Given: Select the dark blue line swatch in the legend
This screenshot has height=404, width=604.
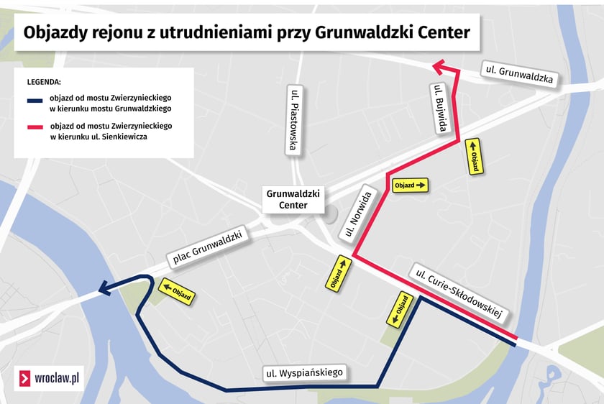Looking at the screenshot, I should coord(36,100).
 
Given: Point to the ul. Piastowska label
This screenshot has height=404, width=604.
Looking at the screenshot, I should coord(293,120).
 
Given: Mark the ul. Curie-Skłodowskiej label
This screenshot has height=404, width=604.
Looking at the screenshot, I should coord(457,293).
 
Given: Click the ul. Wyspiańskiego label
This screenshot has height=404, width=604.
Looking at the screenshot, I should coord(304,372).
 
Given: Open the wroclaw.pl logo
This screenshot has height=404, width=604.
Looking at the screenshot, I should coord(49,377).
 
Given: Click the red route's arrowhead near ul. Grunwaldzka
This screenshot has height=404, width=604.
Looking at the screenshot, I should coord(438,67).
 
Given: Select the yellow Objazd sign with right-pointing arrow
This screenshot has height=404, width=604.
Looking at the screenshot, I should coord(410,185).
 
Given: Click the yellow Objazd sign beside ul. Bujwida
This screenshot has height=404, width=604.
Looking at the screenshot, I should coord(474,156).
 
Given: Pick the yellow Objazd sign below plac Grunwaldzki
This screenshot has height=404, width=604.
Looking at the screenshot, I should coord(176,291).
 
